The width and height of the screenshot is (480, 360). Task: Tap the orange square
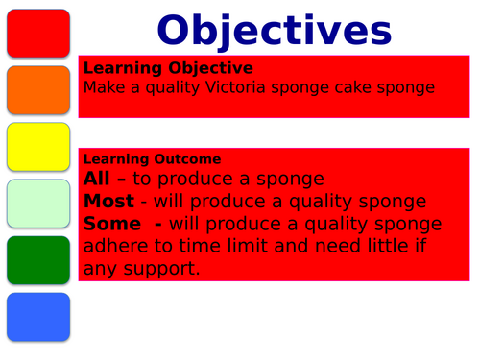[37, 89]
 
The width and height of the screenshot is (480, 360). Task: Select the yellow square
[37, 146]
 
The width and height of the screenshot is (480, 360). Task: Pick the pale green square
[37, 203]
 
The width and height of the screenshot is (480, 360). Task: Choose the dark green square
[37, 259]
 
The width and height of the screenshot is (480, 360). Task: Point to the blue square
[37, 316]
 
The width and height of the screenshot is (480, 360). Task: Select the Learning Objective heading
[168, 68]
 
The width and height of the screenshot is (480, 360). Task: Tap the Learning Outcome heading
[153, 158]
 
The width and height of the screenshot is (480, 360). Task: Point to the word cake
[342, 87]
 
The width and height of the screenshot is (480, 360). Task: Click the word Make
[103, 87]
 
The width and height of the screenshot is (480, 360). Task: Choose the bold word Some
[111, 223]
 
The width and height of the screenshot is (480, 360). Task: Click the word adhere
[114, 246]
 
